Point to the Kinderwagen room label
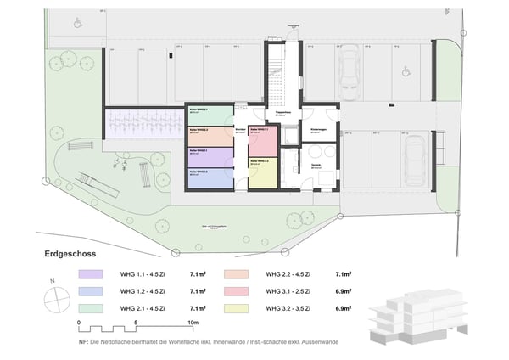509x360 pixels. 320,129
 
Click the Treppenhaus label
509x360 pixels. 280,111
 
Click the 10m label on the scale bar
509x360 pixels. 193,323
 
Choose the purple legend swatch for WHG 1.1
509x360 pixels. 89,275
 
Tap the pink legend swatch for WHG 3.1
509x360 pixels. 235,290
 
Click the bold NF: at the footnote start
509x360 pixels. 83,341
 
